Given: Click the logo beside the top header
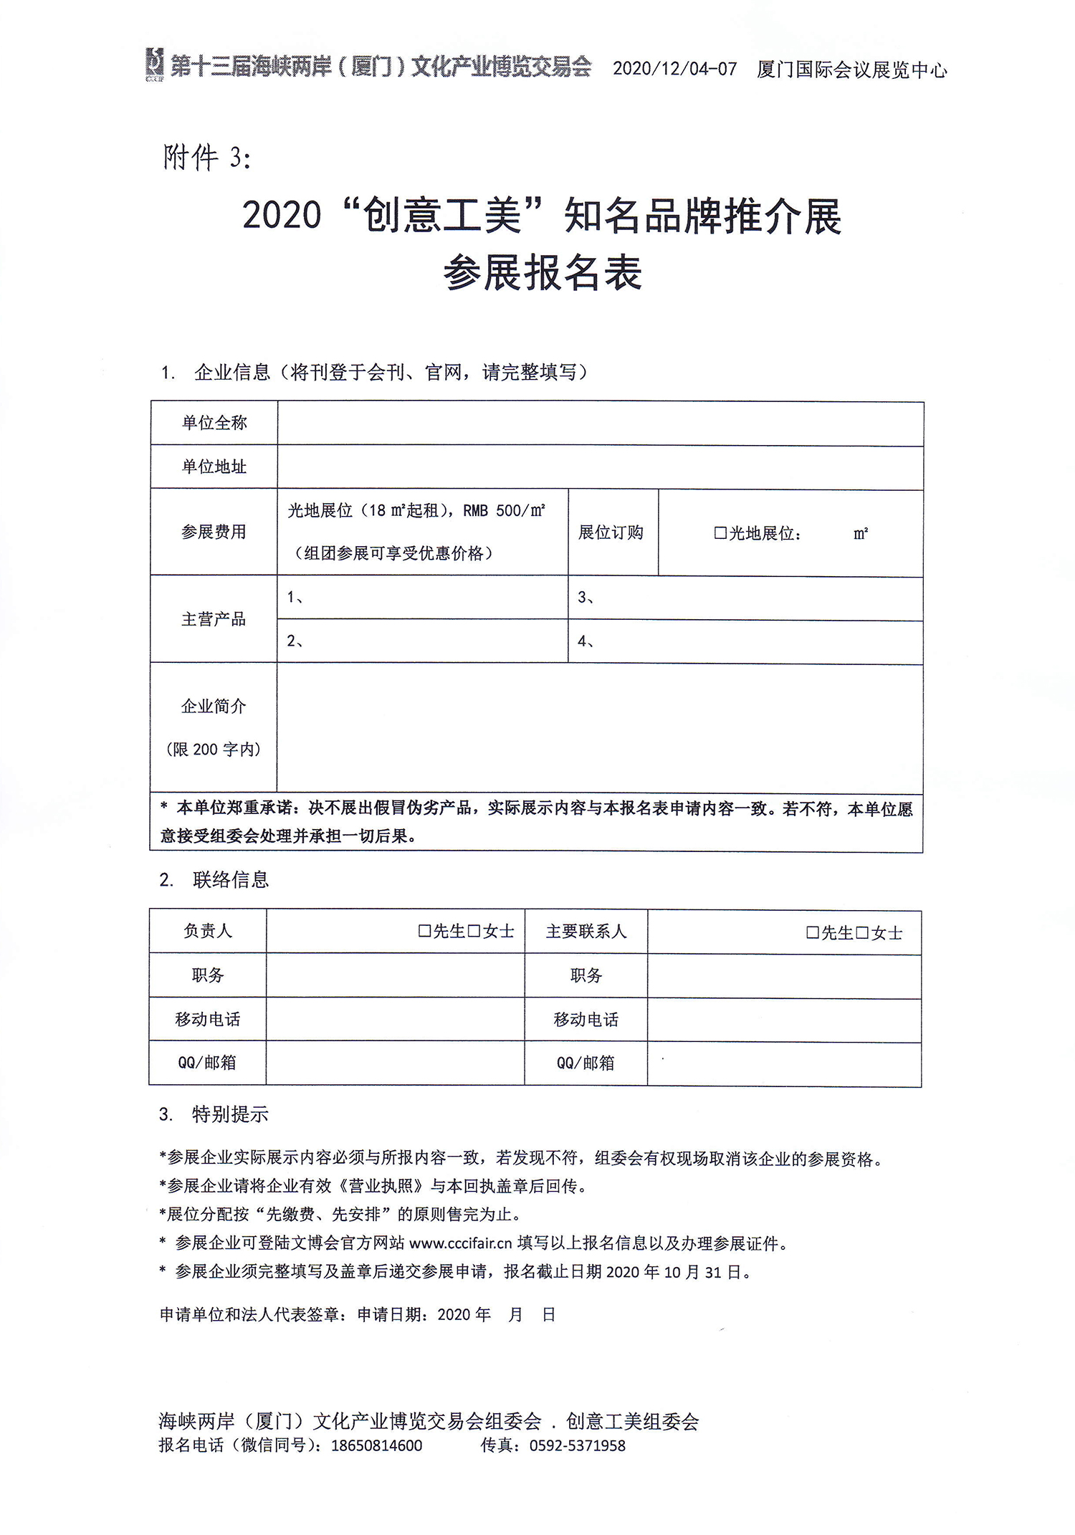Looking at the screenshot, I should pyautogui.click(x=154, y=65).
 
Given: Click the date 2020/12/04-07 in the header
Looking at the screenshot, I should pyautogui.click(x=674, y=69).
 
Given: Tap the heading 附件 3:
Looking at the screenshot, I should pyautogui.click(x=207, y=158).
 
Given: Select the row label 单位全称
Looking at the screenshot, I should pyautogui.click(x=214, y=423).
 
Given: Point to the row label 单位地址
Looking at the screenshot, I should pyautogui.click(x=214, y=467).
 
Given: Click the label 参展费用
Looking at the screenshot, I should pyautogui.click(x=214, y=532).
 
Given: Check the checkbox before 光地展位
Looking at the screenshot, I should pyautogui.click(x=720, y=533).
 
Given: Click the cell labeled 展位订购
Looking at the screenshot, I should pyautogui.click(x=611, y=532).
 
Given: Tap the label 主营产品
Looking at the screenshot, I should pyautogui.click(x=214, y=619).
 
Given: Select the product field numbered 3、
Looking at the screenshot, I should pyautogui.click(x=745, y=598).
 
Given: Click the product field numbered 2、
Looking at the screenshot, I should pyautogui.click(x=423, y=641).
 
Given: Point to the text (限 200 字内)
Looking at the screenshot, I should pyautogui.click(x=214, y=750).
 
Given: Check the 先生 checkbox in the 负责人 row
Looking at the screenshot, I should pyautogui.click(x=424, y=931).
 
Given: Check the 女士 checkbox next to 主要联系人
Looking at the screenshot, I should pyautogui.click(x=862, y=933).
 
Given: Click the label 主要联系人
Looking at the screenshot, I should pyautogui.click(x=586, y=932).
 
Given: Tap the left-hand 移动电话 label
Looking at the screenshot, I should pyautogui.click(x=207, y=1020).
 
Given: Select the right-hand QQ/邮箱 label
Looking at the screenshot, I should pyautogui.click(x=586, y=1063).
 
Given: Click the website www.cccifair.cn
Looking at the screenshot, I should pyautogui.click(x=460, y=1243).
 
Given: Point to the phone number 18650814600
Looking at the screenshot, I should pyautogui.click(x=376, y=1445).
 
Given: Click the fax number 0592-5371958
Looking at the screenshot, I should pyautogui.click(x=577, y=1445).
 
